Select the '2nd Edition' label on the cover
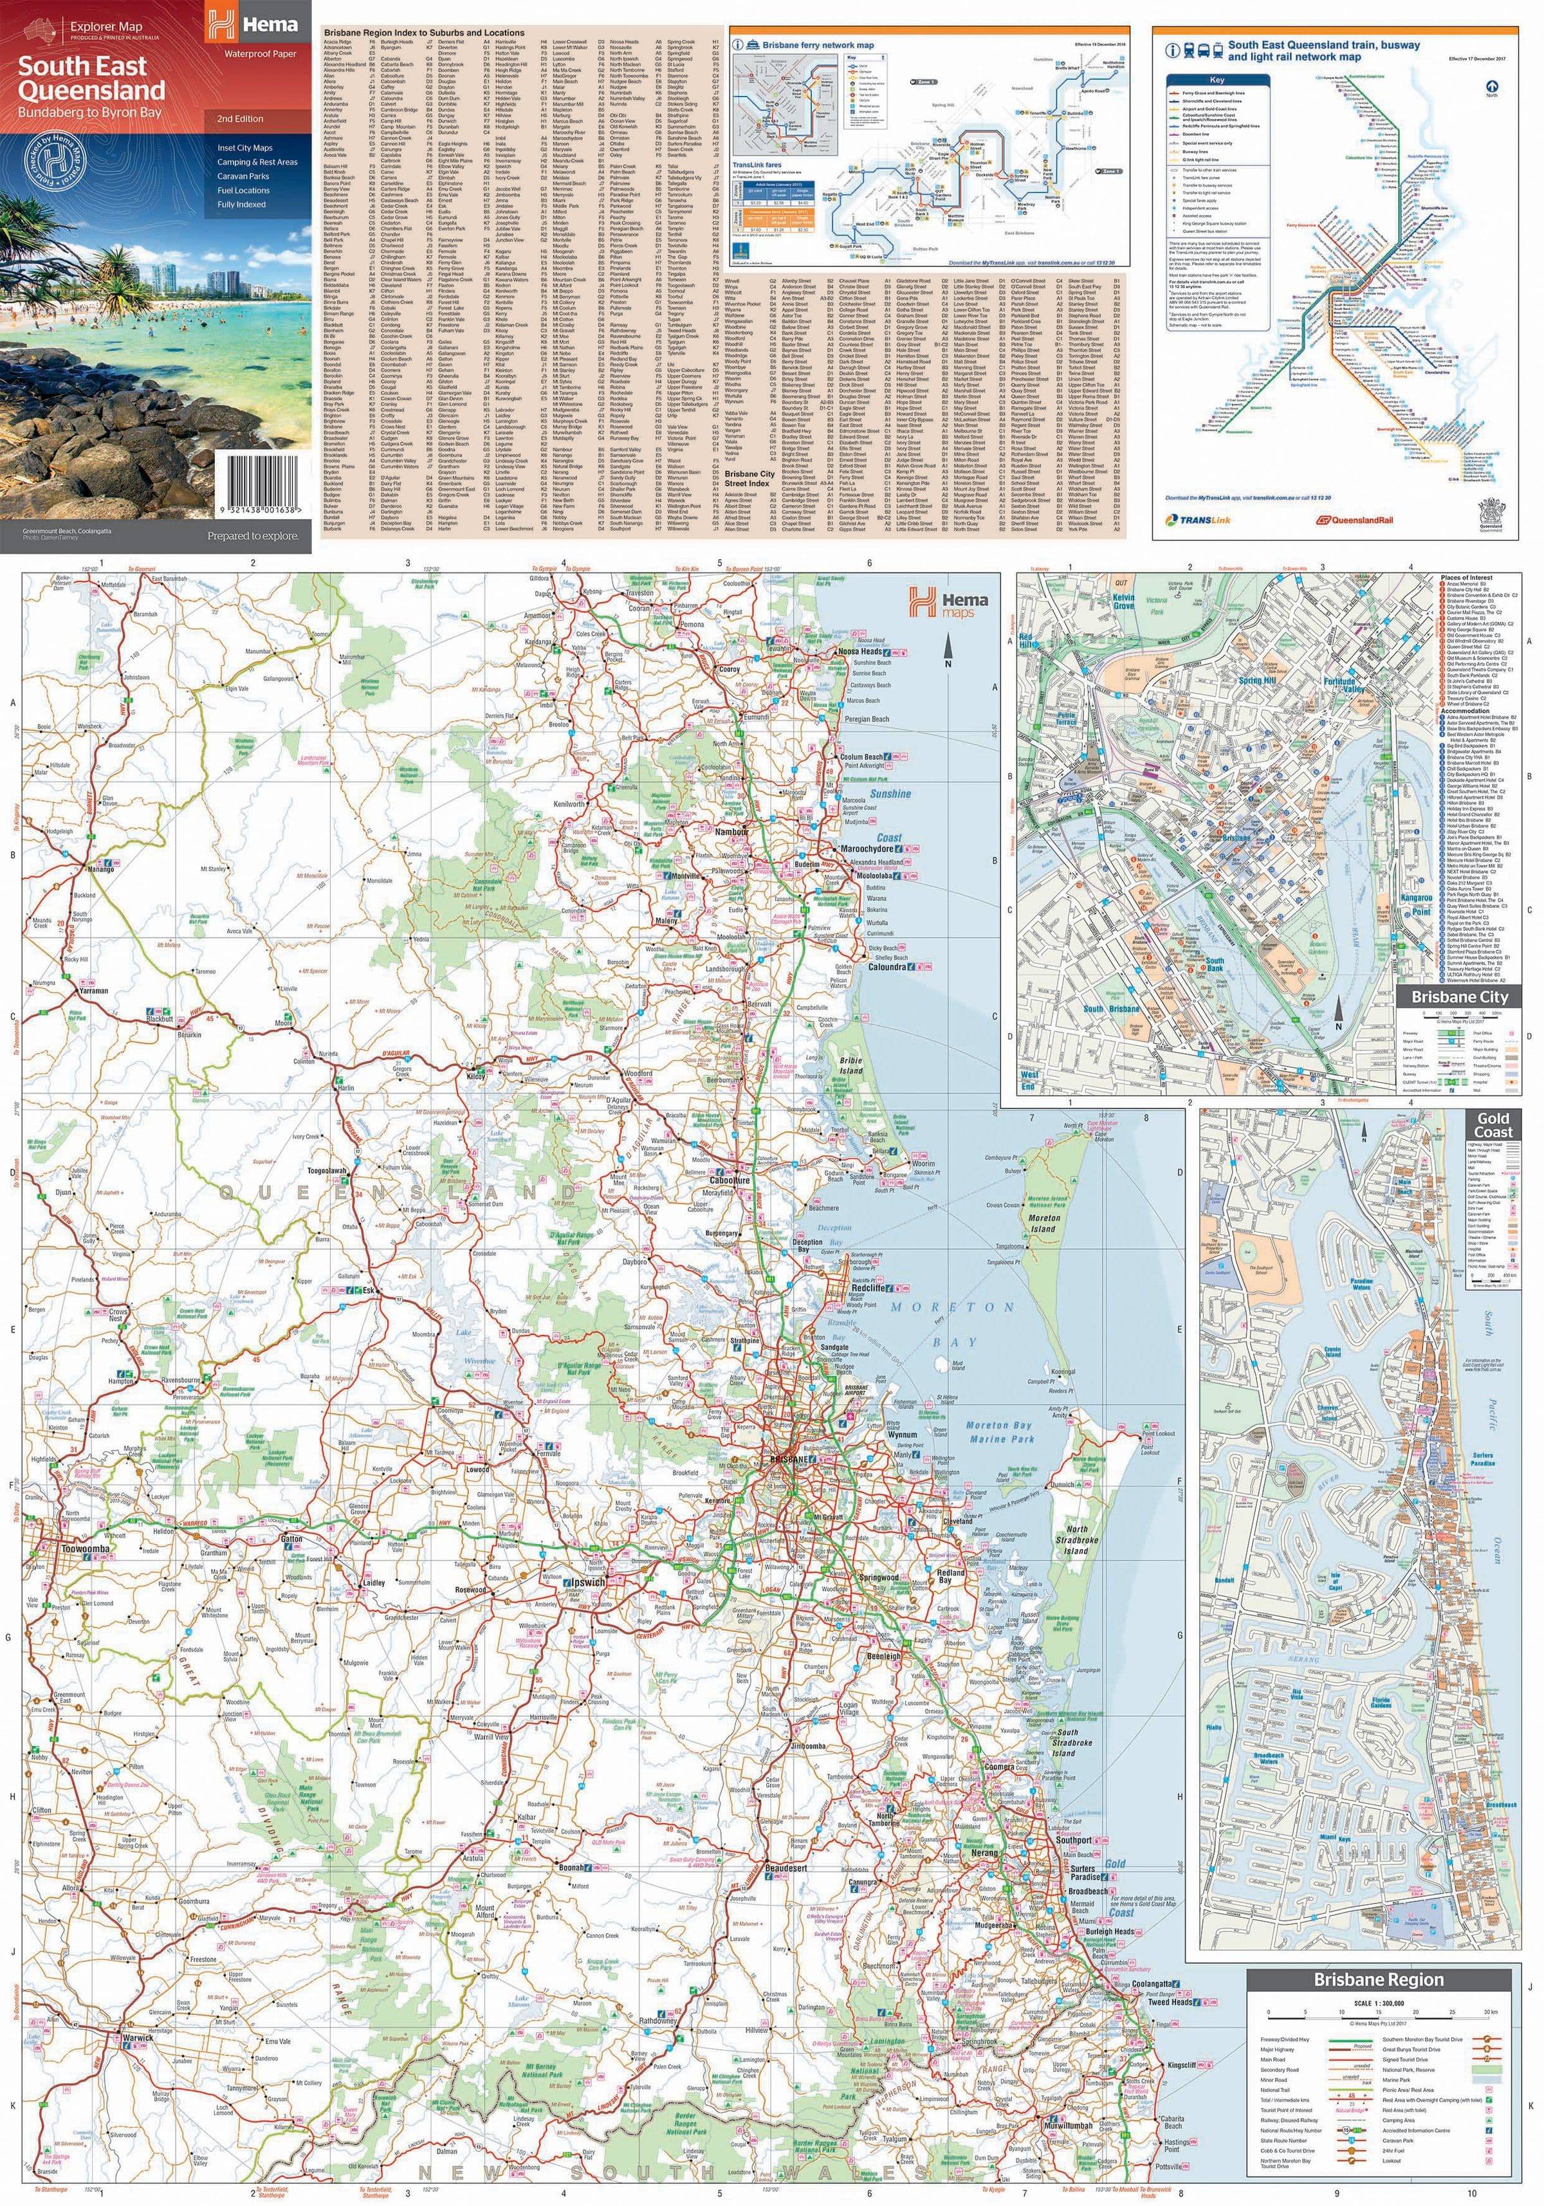(239, 119)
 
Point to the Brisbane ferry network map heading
(824, 45)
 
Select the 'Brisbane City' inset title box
(1458, 997)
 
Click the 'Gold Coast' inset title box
(1493, 1125)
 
